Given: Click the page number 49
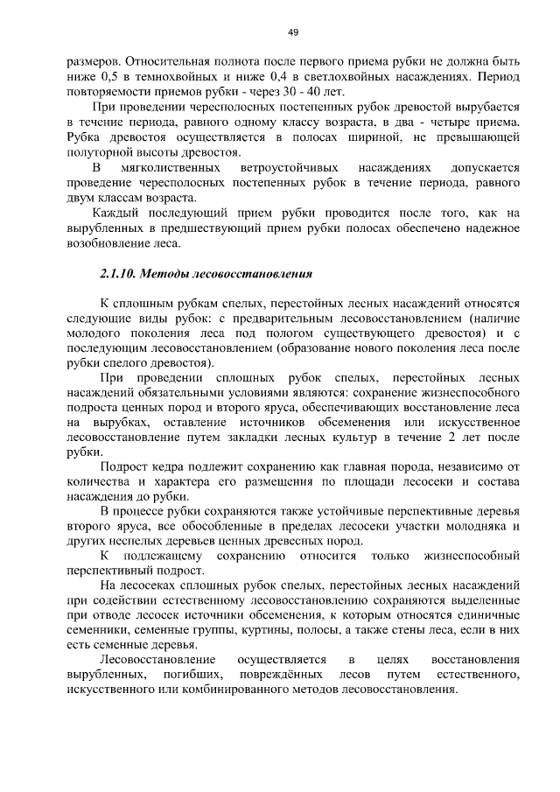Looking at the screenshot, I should point(293,32).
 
